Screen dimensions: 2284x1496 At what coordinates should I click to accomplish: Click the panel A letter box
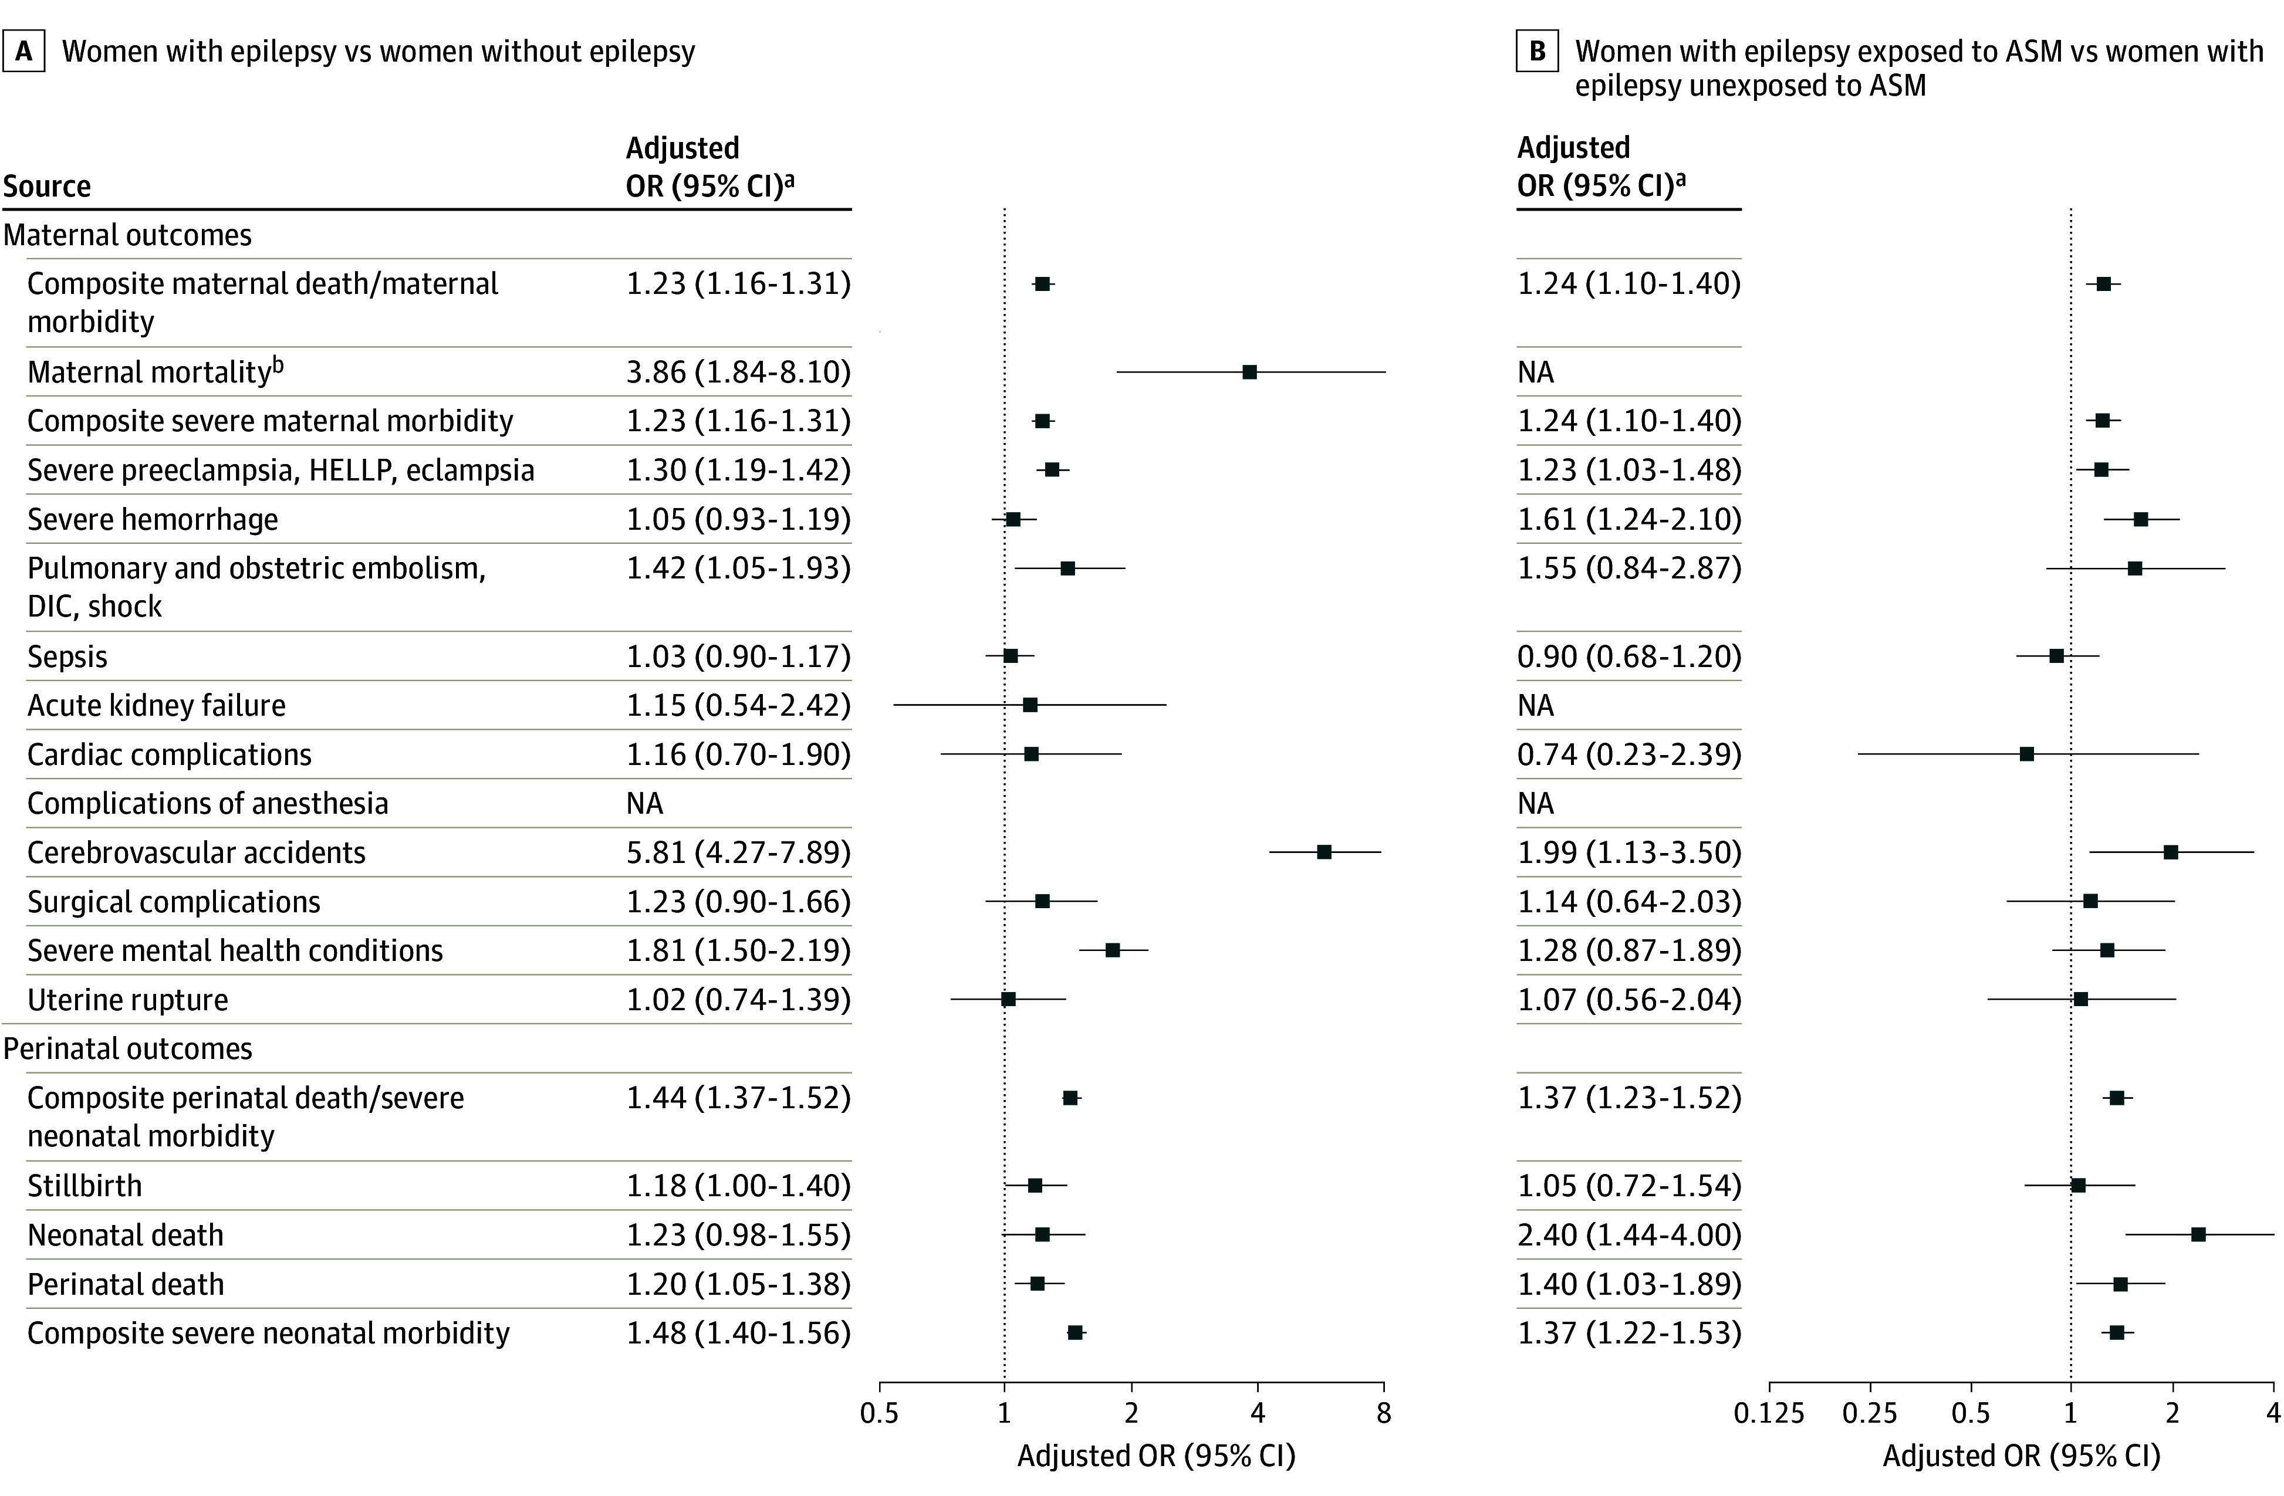point(24,51)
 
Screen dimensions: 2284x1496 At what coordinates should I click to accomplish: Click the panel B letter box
point(1536,51)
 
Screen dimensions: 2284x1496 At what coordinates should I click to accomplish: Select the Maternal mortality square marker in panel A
point(1249,373)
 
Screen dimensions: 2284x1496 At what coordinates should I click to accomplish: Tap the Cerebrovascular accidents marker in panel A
point(1323,852)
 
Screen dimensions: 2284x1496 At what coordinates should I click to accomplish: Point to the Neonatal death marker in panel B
point(2198,1235)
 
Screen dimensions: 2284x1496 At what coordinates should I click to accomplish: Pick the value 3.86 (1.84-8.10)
point(738,373)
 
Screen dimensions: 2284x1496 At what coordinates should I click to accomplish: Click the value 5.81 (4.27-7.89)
point(738,852)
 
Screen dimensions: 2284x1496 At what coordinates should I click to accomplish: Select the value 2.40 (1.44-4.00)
point(1628,1235)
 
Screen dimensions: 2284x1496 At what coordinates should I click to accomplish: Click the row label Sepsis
point(67,657)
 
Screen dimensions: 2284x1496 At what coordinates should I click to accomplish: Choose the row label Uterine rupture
point(127,1000)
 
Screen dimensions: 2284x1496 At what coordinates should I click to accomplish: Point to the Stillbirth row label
point(85,1186)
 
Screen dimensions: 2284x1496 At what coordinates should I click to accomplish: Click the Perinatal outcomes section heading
point(127,1049)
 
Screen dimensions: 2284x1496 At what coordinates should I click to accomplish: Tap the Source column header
point(47,186)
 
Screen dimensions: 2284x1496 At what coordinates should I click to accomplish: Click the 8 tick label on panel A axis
point(1383,1413)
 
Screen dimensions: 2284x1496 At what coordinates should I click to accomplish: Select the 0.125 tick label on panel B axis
point(1769,1413)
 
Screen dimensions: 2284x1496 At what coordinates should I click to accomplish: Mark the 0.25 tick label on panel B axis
point(1870,1413)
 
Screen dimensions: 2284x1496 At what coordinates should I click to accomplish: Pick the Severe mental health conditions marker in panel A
point(1112,950)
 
